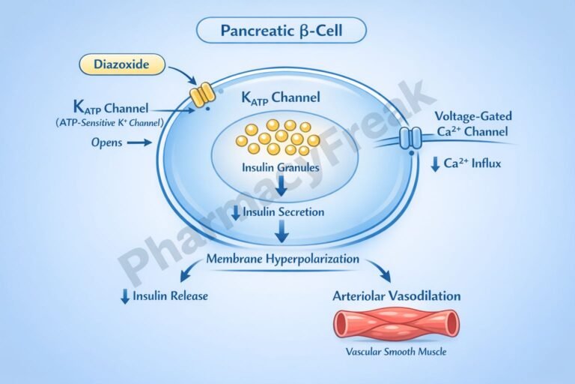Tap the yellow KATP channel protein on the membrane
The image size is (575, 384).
pyautogui.click(x=200, y=94)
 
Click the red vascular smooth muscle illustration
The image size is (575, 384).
pyautogui.click(x=397, y=323)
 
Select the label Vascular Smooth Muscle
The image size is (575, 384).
pyautogui.click(x=396, y=352)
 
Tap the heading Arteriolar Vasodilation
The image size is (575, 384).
pyautogui.click(x=396, y=295)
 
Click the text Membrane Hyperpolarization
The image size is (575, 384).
pyautogui.click(x=283, y=259)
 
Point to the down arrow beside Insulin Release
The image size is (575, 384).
pyautogui.click(x=124, y=296)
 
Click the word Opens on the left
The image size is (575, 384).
pyautogui.click(x=106, y=141)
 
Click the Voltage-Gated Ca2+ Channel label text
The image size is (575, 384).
pyautogui.click(x=472, y=124)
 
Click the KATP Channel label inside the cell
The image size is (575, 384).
pyautogui.click(x=281, y=97)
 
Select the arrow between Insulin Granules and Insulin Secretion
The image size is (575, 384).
pyautogui.click(x=280, y=187)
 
